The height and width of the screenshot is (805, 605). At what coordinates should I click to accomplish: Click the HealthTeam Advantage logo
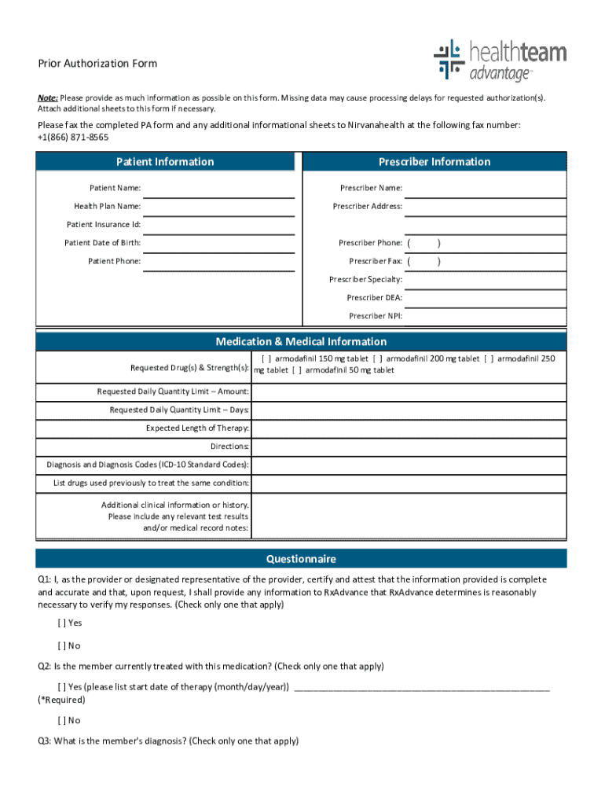tap(499, 61)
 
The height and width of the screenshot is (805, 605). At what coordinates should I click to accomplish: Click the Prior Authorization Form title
tap(97, 64)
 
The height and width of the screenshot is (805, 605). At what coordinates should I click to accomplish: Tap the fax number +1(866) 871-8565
tap(73, 137)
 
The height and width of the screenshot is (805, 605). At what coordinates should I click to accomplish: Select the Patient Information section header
tap(165, 162)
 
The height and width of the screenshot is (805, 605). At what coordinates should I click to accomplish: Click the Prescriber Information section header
tap(434, 162)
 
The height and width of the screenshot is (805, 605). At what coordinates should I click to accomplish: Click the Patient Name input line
tap(218, 189)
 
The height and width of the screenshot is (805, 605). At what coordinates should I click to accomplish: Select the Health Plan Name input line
tap(218, 207)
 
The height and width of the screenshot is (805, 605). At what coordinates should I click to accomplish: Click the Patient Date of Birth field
tap(218, 244)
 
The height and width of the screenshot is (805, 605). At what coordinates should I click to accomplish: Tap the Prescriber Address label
tap(367, 207)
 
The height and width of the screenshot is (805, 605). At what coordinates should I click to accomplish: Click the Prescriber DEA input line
tap(485, 299)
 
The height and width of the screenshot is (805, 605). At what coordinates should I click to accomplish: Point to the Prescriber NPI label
tap(376, 316)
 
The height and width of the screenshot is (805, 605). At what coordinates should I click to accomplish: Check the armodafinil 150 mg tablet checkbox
tap(266, 359)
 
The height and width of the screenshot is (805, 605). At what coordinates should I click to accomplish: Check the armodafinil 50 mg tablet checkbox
tap(298, 370)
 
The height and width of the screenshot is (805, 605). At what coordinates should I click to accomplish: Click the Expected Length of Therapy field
tap(409, 428)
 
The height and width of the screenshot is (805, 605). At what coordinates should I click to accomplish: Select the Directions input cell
tap(409, 447)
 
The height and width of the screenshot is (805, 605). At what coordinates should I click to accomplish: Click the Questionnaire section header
tap(301, 559)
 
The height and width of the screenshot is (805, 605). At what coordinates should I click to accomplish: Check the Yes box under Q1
tap(62, 623)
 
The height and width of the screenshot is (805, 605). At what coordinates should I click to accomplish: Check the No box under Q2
tap(62, 720)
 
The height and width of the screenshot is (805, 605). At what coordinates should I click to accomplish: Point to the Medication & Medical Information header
tap(301, 342)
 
